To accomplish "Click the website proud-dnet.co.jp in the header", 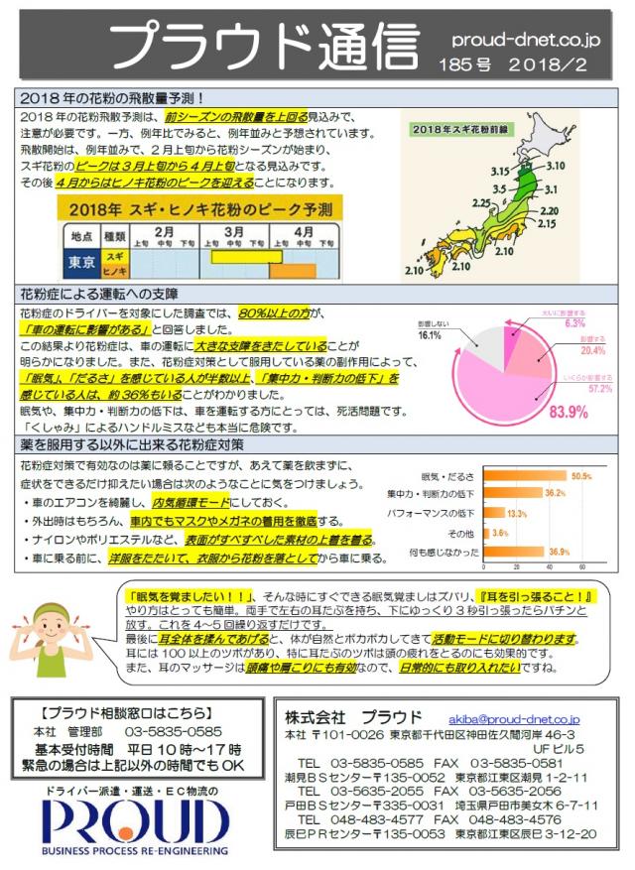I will [x=525, y=41].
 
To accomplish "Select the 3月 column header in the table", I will [x=234, y=232].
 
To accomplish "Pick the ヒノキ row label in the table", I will [x=115, y=270].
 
